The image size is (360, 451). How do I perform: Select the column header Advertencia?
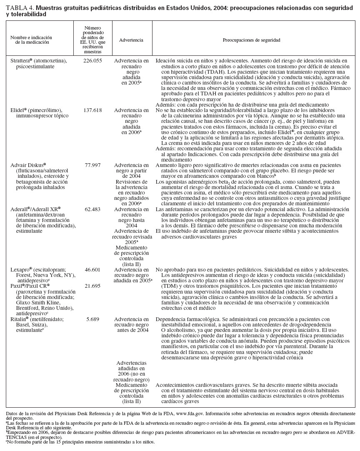(131, 40)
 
